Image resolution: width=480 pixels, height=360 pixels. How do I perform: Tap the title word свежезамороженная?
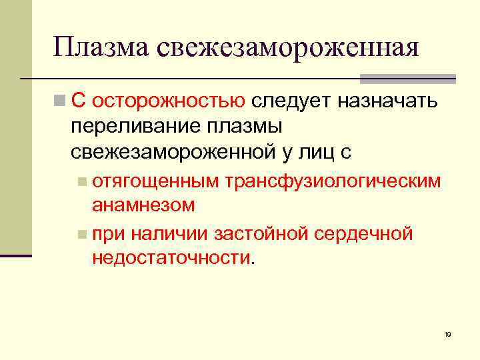tap(288, 48)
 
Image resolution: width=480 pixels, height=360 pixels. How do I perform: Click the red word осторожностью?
tap(169, 101)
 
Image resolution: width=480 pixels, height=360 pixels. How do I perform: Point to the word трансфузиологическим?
tap(333, 180)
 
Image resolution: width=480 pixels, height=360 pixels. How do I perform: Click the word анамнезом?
tap(143, 205)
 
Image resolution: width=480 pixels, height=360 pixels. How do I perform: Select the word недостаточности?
tap(173, 259)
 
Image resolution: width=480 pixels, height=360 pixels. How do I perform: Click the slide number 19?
tap(447, 334)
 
